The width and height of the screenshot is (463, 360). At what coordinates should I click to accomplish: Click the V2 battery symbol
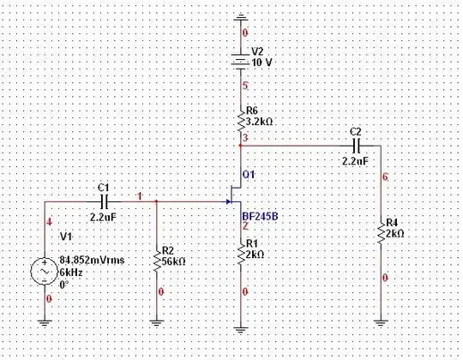(241, 62)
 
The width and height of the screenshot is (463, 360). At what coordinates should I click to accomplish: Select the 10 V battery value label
(262, 63)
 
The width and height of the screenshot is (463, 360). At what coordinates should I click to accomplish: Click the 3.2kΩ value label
(260, 123)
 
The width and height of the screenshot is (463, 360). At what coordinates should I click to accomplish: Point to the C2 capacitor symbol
(358, 146)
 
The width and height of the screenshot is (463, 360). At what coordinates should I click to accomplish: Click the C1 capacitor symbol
(104, 202)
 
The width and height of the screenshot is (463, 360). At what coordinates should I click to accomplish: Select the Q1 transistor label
(249, 174)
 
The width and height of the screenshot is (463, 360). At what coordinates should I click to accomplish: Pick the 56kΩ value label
(176, 261)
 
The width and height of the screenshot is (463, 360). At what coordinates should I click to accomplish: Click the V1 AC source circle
(45, 272)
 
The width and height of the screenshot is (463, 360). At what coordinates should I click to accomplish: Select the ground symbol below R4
(380, 322)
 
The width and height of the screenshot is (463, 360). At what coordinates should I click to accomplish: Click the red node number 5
(246, 86)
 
